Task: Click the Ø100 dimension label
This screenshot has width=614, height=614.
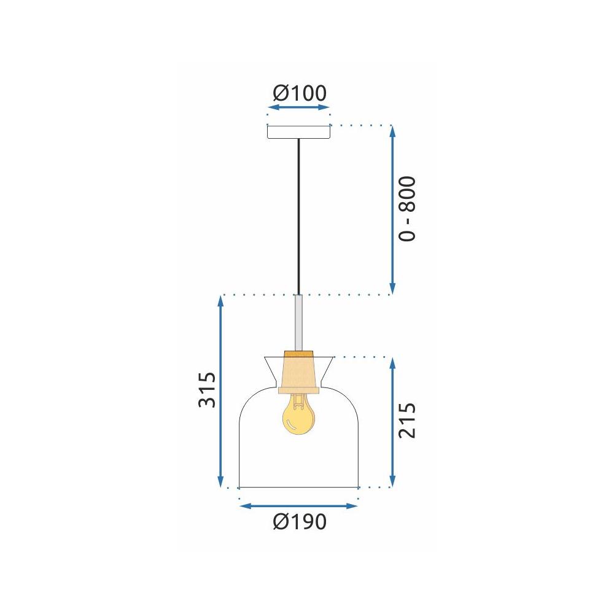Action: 299,93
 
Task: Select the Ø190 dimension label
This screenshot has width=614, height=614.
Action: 299,522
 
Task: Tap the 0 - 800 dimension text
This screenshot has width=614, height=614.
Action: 407,209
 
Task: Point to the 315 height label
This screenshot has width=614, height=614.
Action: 207,390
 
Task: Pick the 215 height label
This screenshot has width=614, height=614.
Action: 407,421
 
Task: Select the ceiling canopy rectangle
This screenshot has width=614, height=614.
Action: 299,132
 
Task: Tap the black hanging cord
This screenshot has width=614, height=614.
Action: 299,215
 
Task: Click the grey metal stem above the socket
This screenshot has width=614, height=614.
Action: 299,322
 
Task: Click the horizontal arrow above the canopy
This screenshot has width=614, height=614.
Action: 299,107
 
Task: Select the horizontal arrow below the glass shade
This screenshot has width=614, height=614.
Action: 298,506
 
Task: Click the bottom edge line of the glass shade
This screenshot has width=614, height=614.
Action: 298,488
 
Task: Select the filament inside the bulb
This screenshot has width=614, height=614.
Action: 298,402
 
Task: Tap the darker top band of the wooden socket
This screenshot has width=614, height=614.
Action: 299,354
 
